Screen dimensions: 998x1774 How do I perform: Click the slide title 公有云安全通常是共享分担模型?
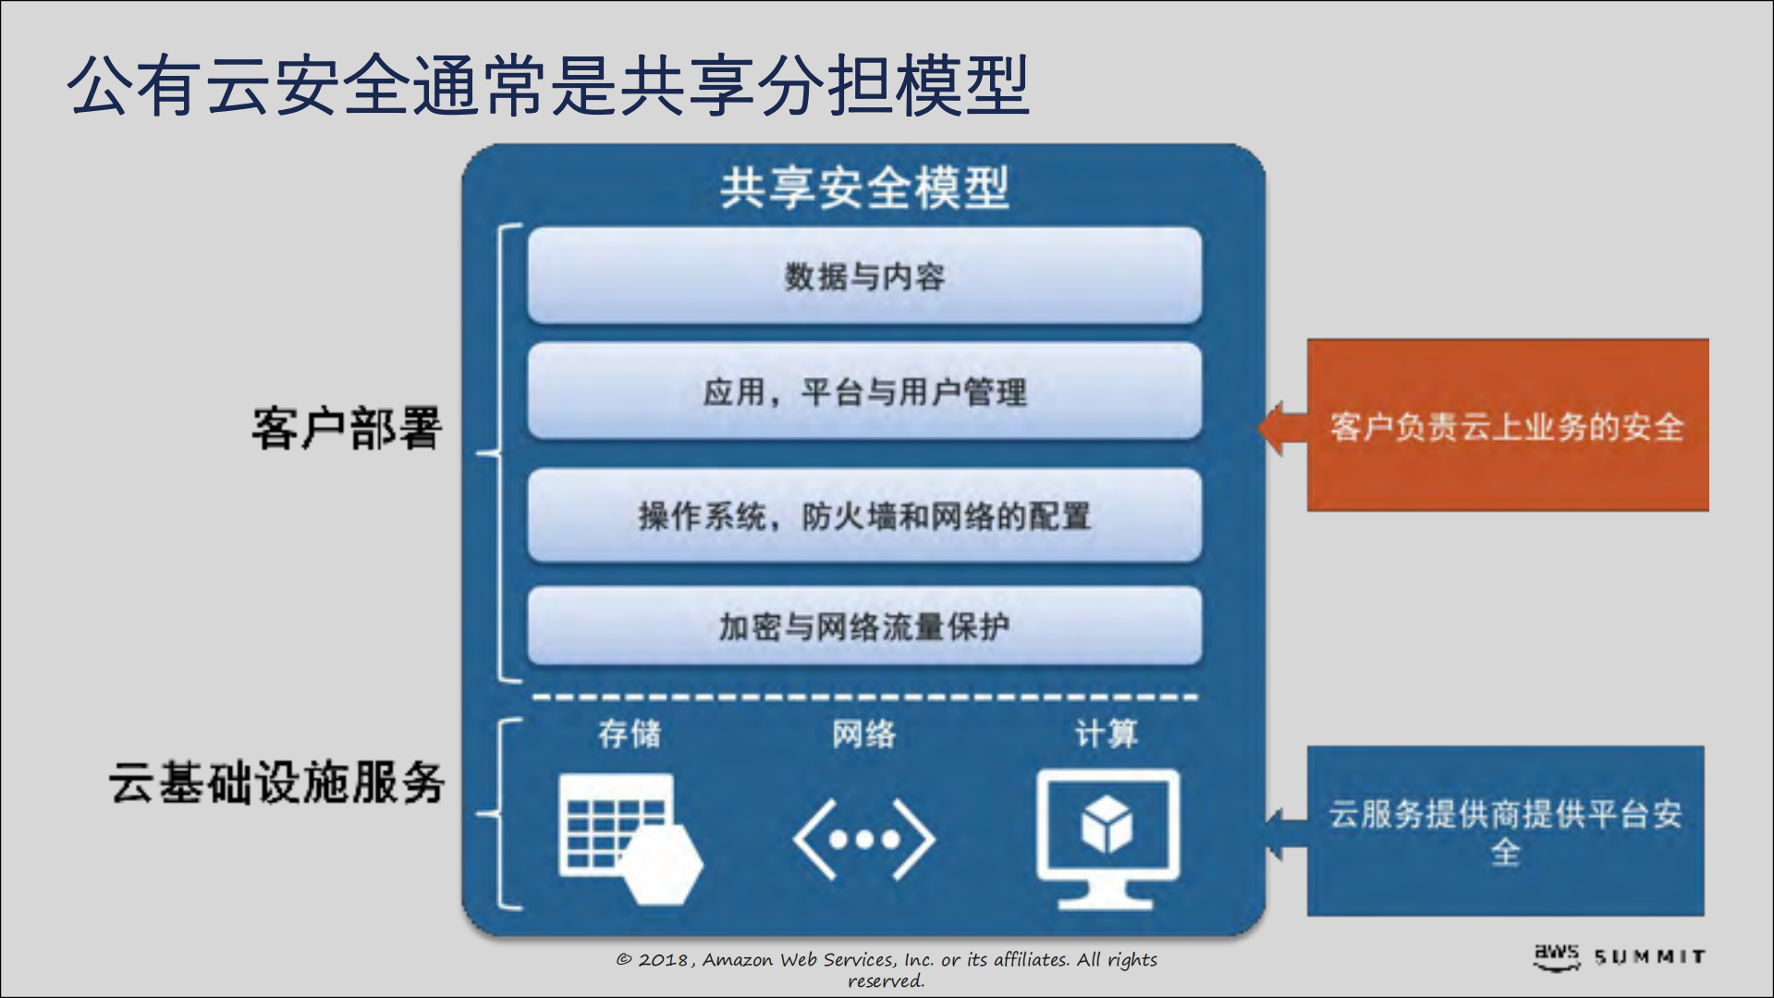547,85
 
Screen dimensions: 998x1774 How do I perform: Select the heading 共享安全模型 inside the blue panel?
863,188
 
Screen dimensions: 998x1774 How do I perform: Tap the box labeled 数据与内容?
863,276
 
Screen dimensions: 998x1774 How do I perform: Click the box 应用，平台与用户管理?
863,391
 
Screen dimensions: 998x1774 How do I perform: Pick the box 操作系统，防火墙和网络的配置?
863,515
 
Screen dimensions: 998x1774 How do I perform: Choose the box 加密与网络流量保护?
863,626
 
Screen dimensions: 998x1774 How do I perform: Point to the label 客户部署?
347,428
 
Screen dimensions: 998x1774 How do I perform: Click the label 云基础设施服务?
277,782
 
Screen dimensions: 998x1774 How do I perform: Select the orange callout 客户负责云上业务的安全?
1507,425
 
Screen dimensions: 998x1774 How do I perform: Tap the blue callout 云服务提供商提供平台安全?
1505,831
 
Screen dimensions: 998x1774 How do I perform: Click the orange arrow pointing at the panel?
1281,428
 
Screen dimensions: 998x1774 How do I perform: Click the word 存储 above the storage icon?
630,733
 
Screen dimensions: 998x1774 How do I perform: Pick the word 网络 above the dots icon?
863,733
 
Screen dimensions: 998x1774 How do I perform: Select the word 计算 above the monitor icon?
1106,733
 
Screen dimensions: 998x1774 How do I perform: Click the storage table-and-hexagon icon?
629,837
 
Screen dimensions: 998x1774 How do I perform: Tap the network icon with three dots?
863,840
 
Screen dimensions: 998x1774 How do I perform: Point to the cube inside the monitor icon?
1107,824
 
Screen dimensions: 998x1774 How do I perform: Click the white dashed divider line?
863,696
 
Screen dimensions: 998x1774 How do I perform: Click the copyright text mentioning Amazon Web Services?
886,968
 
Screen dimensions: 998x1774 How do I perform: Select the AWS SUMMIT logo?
1619,956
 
